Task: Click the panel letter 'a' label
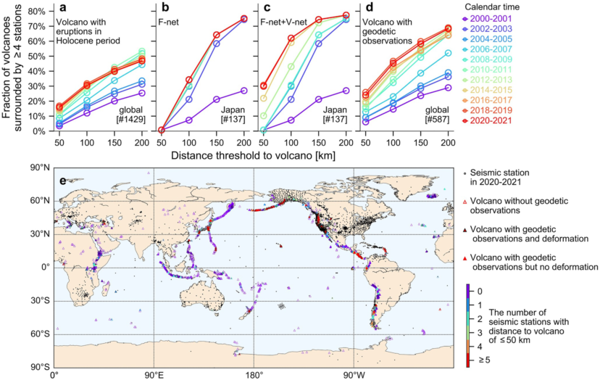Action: point(64,10)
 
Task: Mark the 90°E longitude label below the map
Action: point(153,375)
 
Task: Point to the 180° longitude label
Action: point(254,375)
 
